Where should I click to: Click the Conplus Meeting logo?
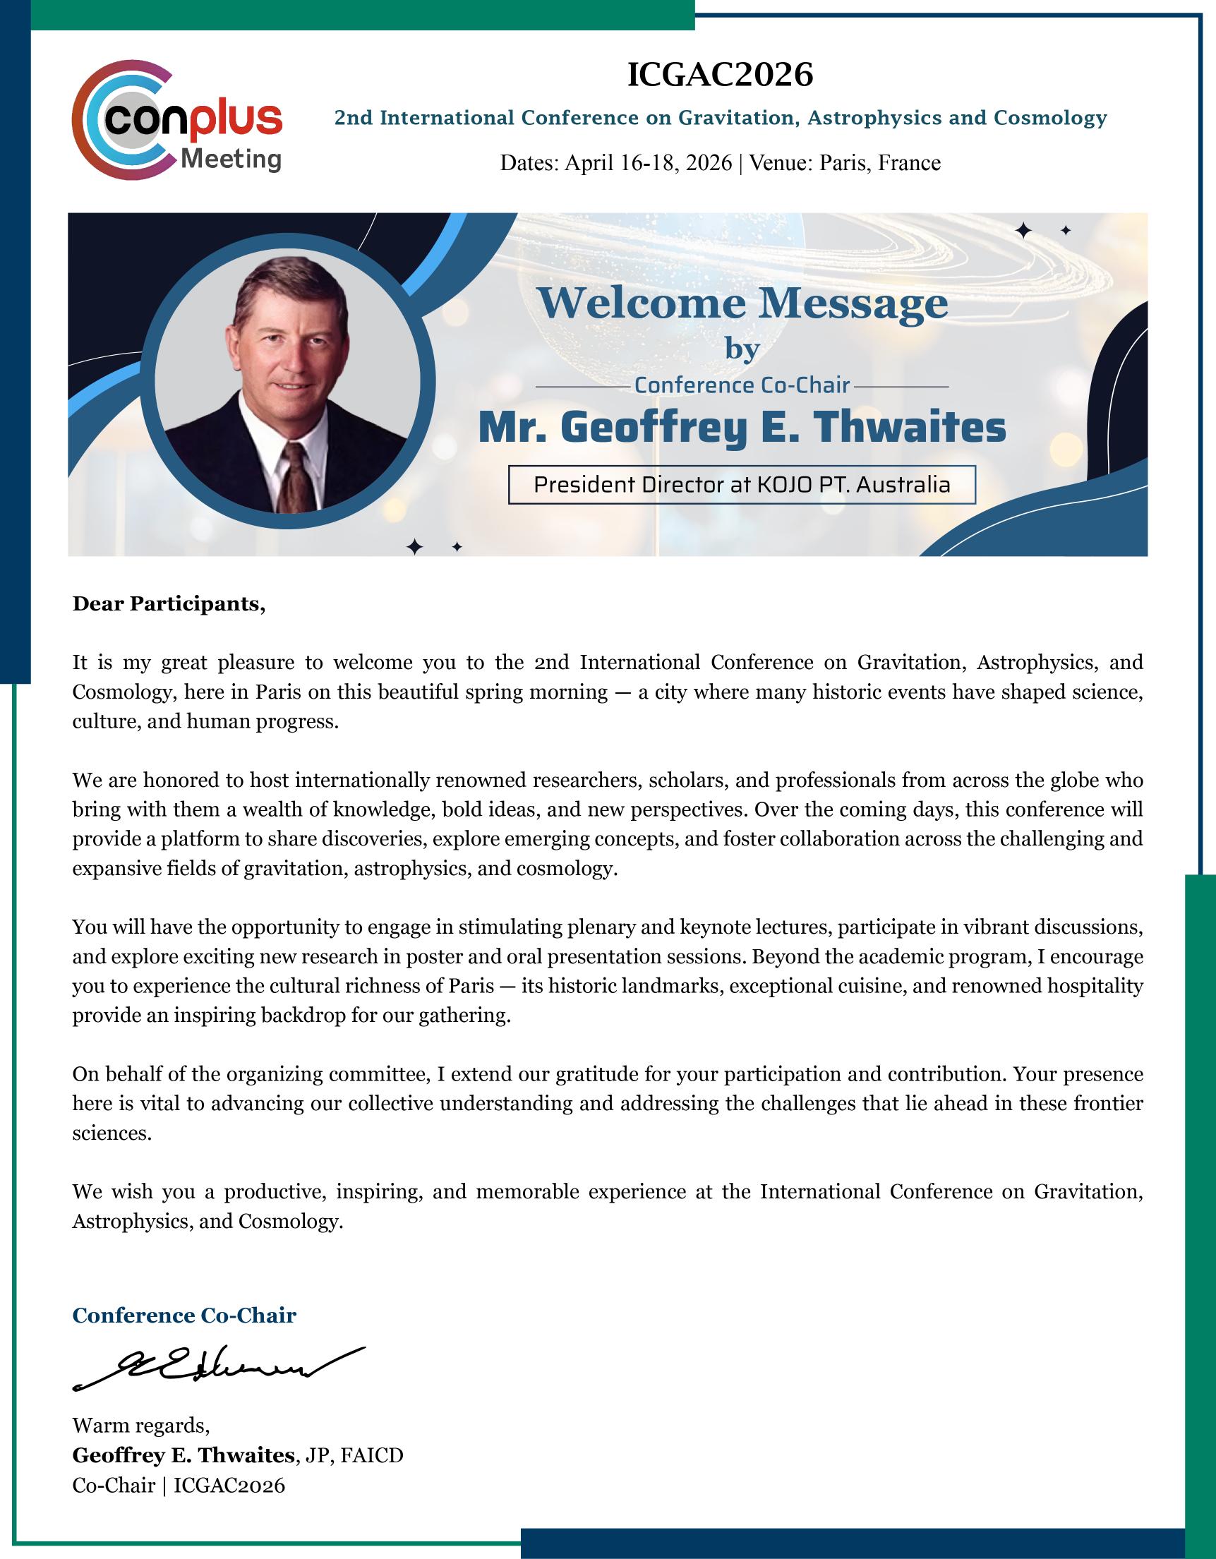coord(178,119)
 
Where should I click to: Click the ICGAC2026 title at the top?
coord(720,74)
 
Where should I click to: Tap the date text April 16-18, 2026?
coord(648,164)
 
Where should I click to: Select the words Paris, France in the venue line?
coord(880,164)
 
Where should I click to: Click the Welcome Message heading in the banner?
coord(742,303)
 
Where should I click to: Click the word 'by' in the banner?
coord(742,349)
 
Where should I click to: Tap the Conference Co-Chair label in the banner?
coord(742,386)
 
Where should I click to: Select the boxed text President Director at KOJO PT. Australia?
coord(742,486)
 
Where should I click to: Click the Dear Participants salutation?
coord(169,604)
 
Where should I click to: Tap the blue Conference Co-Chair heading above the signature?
coord(184,1316)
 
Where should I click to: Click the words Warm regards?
coord(140,1426)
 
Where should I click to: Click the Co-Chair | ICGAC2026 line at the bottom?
coord(179,1485)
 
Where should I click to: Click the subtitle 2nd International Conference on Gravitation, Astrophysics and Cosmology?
coord(721,118)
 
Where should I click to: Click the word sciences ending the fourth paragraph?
coord(112,1133)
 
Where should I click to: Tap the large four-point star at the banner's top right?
coord(1024,230)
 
